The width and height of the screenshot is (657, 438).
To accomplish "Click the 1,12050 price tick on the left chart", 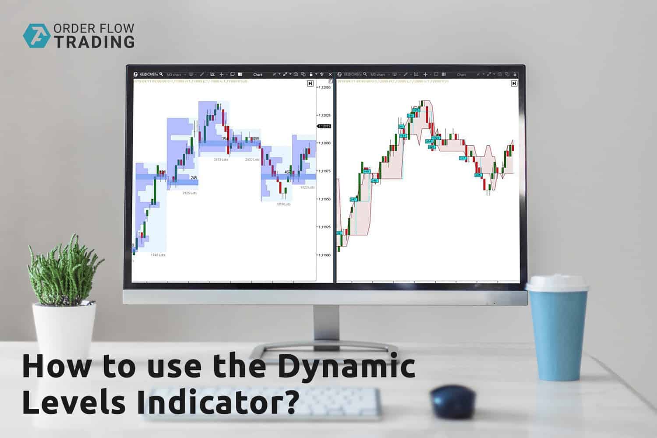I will click(325, 88).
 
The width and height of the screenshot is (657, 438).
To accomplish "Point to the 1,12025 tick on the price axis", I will click(325, 116).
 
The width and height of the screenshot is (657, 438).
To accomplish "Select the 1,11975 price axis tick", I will click(325, 171).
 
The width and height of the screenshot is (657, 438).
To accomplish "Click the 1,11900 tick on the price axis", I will click(325, 255).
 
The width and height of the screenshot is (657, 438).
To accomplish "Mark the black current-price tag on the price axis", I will click(325, 126).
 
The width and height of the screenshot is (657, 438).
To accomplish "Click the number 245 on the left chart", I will click(194, 177).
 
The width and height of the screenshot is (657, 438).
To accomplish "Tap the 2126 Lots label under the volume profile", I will click(190, 193).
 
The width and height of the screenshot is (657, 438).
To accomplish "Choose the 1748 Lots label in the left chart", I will click(158, 254).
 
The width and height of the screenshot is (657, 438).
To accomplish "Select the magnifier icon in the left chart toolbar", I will click(161, 74).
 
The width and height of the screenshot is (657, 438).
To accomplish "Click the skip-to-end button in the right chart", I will click(514, 83).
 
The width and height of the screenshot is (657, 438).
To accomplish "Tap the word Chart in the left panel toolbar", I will click(258, 74).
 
